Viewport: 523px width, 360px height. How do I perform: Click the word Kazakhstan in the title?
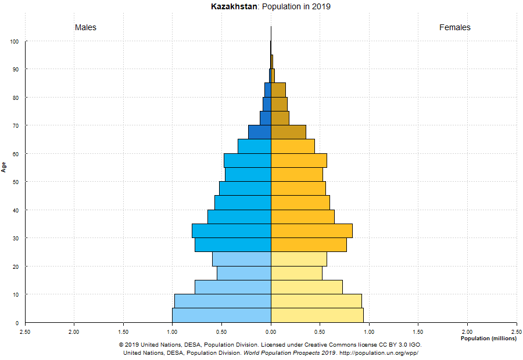[232, 7]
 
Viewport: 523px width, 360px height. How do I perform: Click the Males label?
[85, 27]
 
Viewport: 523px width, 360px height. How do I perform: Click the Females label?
[454, 27]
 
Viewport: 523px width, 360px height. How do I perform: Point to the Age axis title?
[4, 167]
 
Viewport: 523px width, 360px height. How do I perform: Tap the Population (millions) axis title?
[488, 339]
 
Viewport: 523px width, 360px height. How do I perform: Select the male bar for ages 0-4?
[221, 315]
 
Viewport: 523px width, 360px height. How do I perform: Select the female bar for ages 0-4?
[317, 315]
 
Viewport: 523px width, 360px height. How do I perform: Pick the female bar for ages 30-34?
[311, 231]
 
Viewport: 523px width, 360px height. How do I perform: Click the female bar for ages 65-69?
[288, 132]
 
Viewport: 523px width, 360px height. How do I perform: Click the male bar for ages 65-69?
[260, 132]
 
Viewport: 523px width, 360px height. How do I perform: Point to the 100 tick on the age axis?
[14, 42]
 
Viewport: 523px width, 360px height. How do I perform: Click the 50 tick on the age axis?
[15, 182]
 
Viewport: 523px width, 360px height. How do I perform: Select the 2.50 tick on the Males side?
[25, 332]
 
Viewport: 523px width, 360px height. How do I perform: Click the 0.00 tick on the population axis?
[271, 332]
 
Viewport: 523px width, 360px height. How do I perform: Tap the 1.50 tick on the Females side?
[418, 332]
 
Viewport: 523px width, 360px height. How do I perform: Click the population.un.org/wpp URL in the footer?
[379, 353]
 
